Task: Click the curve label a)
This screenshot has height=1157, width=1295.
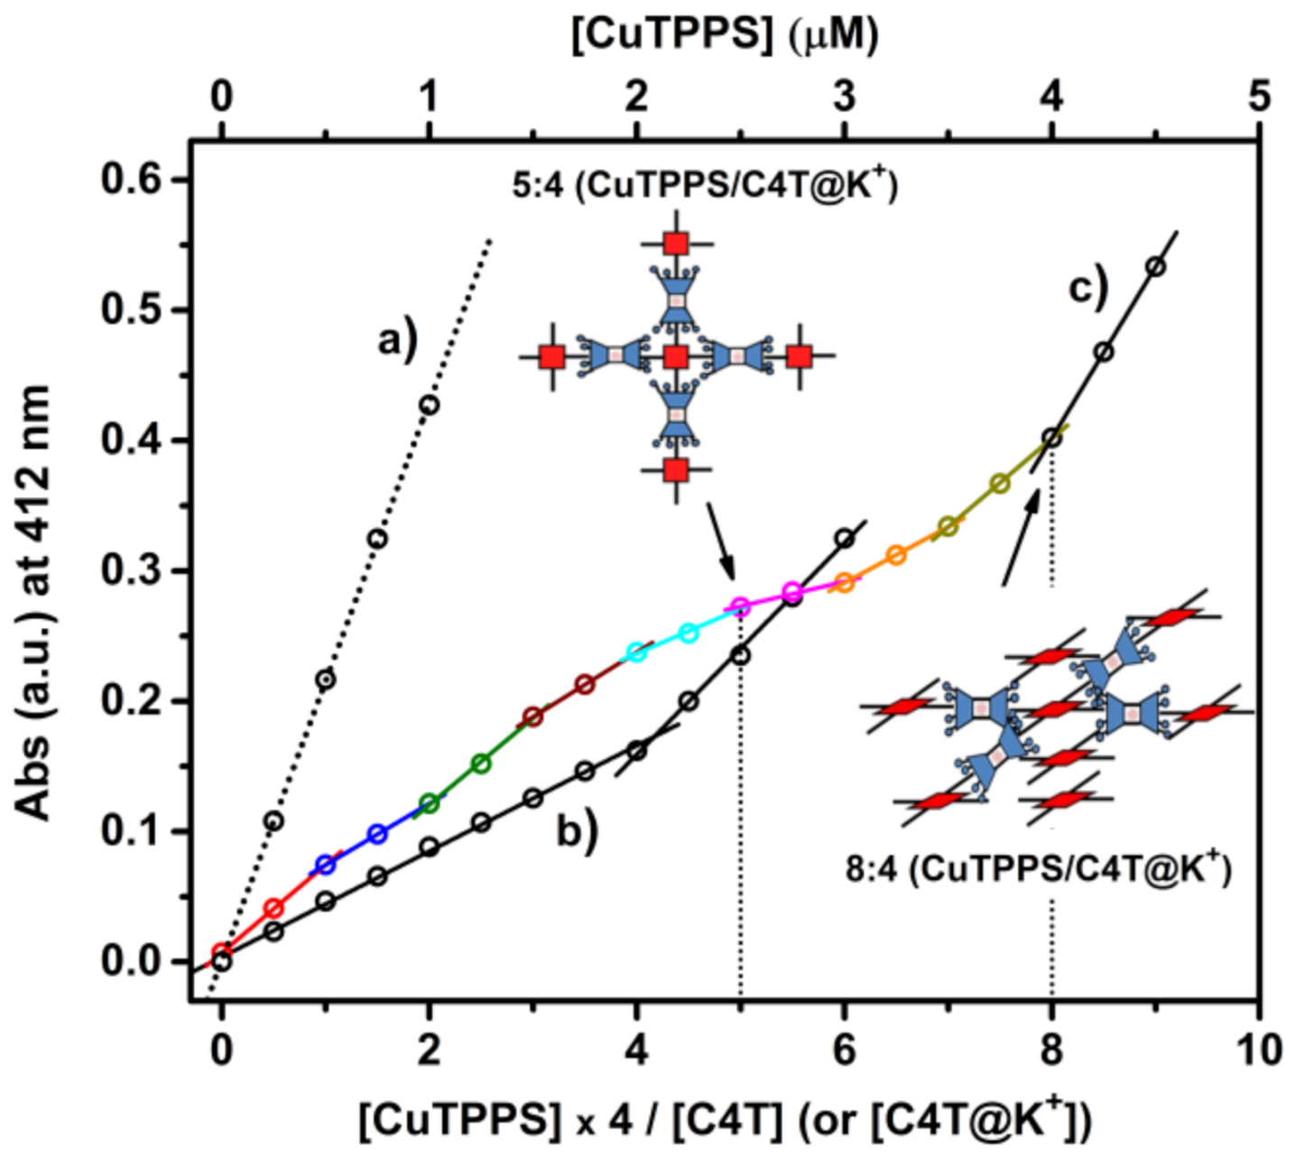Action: (398, 342)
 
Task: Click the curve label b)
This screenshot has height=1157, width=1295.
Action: (578, 830)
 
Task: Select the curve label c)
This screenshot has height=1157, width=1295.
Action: (1088, 289)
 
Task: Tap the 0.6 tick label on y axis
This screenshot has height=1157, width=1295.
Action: (133, 180)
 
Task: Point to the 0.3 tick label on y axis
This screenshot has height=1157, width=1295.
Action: (133, 571)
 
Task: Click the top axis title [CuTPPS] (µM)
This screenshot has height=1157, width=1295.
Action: (725, 36)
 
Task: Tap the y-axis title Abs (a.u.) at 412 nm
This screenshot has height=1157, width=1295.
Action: (34, 603)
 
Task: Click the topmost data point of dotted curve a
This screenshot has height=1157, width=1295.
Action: (430, 405)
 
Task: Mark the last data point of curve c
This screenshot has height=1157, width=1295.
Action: (1155, 267)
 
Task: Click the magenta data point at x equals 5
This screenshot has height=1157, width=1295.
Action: (740, 606)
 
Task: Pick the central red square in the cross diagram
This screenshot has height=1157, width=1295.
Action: (676, 357)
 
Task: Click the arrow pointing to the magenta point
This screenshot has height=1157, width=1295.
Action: (720, 541)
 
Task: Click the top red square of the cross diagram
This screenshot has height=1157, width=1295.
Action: (676, 244)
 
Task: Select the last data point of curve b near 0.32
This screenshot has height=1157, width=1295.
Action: (845, 539)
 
